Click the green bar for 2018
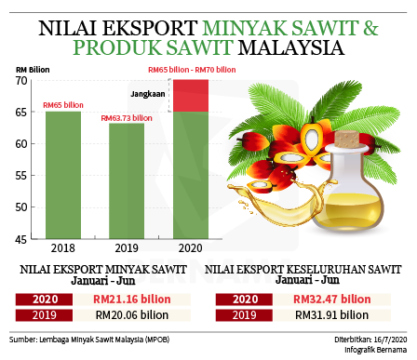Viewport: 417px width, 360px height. (63, 175)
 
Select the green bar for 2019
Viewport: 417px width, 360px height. (127, 181)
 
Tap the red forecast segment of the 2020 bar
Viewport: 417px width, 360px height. (191, 96)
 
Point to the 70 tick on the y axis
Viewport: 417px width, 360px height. (21, 81)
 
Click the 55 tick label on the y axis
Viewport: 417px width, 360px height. (21, 176)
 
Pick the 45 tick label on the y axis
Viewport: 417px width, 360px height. (21, 239)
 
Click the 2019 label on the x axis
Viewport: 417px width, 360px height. (127, 248)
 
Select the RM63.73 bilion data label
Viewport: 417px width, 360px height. (127, 118)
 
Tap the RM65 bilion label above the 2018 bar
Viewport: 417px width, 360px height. (63, 105)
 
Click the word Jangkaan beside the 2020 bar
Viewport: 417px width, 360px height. (148, 94)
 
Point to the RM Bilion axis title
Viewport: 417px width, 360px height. (33, 70)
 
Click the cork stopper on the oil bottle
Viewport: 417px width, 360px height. (347, 140)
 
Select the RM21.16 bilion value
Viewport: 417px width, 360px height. (132, 300)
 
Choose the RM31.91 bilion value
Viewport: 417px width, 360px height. (331, 315)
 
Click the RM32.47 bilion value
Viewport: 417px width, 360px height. (332, 300)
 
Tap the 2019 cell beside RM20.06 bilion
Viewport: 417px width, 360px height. (44, 315)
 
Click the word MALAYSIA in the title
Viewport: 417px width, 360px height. (291, 47)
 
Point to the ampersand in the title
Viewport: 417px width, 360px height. (371, 28)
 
